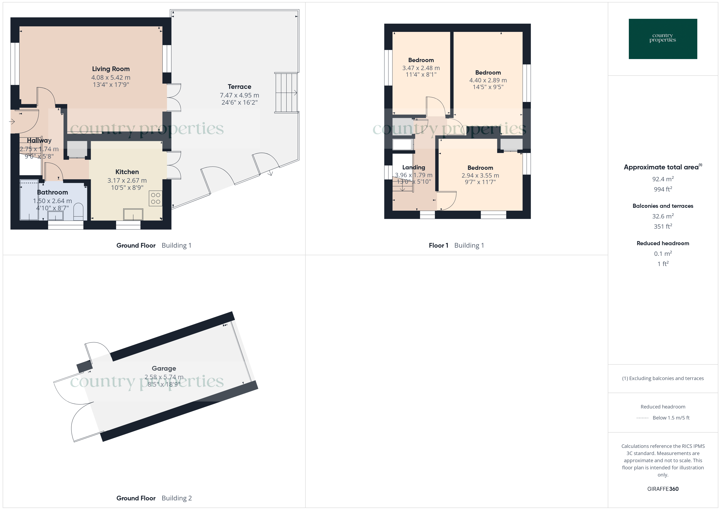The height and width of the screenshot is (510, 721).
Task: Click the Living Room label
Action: point(111,69)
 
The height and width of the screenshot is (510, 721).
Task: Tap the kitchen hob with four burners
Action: point(156,198)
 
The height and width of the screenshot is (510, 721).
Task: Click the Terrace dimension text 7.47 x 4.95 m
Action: point(239,95)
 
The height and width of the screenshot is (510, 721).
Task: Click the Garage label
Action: point(164,368)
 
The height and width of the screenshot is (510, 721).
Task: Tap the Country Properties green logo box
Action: point(663,39)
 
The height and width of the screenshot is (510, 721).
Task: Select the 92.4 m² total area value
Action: point(663,179)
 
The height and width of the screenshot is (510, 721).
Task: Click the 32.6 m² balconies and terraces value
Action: point(663,216)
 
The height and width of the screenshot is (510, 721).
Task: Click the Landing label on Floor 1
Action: point(414,167)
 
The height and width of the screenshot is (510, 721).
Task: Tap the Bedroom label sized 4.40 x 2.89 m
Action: point(488,73)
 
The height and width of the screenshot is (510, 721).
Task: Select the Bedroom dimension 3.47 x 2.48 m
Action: point(421,68)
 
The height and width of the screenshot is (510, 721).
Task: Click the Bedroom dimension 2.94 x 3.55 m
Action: point(480,176)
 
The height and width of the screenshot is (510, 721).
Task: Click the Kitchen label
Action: point(127,172)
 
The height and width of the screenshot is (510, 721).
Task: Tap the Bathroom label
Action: point(53,192)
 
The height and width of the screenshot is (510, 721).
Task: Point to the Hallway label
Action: point(39,140)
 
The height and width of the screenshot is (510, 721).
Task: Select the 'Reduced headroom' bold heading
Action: point(663,243)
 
